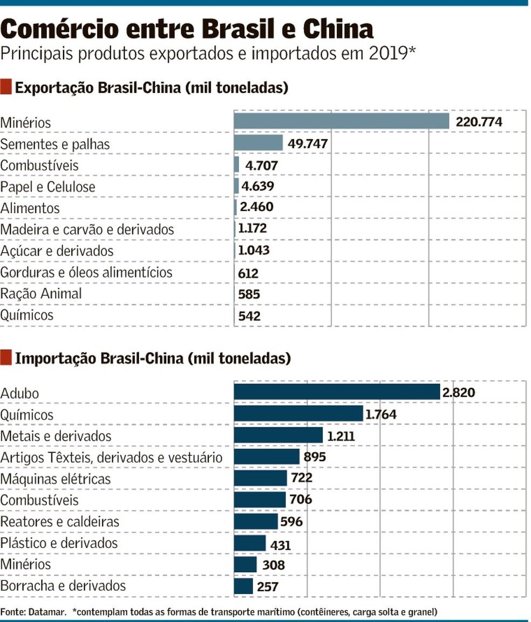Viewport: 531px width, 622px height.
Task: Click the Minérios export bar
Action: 341,121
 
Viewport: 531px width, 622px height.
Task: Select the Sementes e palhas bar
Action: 258,143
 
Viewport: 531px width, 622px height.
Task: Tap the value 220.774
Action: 479,122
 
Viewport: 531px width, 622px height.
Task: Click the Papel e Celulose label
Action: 47,187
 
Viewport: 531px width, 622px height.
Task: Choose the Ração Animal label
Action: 41,294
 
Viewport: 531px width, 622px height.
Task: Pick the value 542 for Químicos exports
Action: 249,316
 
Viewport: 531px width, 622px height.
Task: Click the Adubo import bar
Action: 337,392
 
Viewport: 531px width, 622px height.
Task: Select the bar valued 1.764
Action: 298,414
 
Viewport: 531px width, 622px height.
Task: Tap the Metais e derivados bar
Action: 278,435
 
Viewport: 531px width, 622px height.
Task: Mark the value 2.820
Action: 458,393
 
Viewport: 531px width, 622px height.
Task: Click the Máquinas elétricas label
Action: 55,478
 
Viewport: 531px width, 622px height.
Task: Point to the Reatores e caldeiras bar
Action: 255,522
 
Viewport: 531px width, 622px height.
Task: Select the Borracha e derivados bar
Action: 243,586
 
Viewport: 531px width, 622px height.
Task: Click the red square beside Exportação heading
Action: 6,86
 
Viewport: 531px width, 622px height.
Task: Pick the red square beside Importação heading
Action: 6,357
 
